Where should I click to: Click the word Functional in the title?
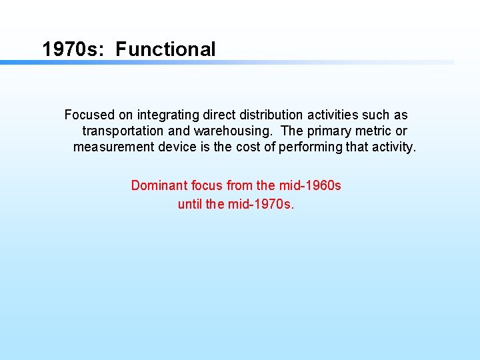pyautogui.click(x=165, y=49)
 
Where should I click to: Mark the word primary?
pyautogui.click(x=329, y=131)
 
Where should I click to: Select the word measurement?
pyautogui.click(x=114, y=147)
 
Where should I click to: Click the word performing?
pyautogui.click(x=310, y=147)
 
